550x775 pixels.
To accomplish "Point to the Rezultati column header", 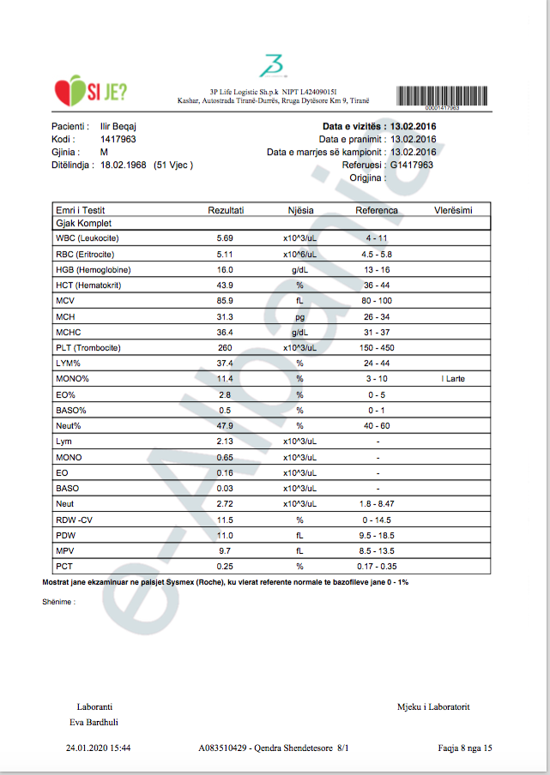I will [226, 210].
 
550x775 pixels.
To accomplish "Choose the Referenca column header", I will [377, 210].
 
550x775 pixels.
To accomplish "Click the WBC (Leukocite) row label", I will [87, 237].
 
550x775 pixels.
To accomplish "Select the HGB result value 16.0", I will [226, 270].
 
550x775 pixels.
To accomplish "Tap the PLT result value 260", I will [226, 348].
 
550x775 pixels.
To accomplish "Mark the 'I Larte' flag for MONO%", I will [452, 379].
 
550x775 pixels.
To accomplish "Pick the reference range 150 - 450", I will [378, 348].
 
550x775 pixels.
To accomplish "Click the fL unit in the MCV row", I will [299, 301].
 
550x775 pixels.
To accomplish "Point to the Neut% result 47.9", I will [226, 426].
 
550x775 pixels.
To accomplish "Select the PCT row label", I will [64, 567].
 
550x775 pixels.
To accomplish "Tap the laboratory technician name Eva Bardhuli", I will [94, 722].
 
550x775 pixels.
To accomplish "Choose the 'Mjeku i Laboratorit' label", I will [432, 707].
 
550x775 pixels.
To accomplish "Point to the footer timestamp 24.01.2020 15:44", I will [98, 748].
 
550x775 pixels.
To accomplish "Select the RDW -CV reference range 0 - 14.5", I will [378, 520].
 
